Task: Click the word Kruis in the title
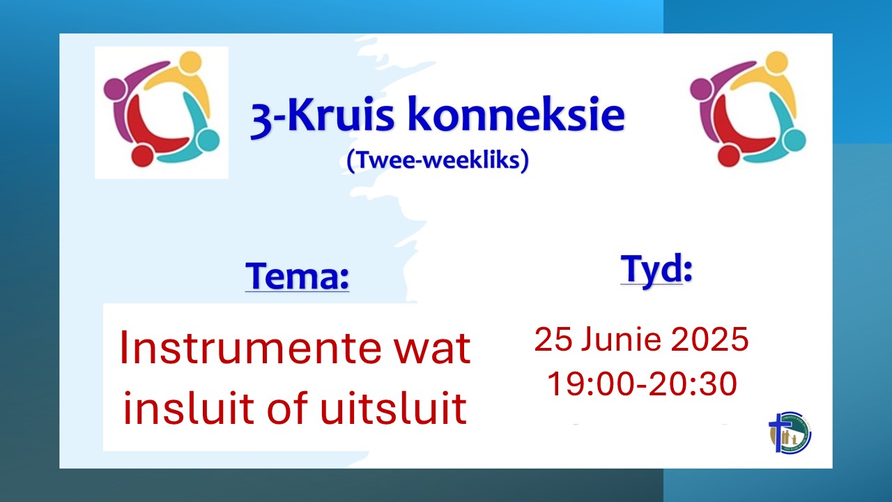click(x=344, y=114)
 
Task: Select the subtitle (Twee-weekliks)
click(x=438, y=160)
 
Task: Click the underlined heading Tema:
click(x=297, y=275)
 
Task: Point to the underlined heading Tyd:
click(x=656, y=269)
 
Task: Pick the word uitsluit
click(x=394, y=408)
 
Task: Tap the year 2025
click(x=709, y=340)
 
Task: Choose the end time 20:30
click(x=693, y=383)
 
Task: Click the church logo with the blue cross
click(x=790, y=433)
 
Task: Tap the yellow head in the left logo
click(x=190, y=62)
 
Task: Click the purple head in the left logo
click(x=115, y=89)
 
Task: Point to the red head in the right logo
click(x=728, y=155)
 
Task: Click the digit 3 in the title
click(x=261, y=119)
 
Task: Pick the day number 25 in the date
click(x=553, y=340)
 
